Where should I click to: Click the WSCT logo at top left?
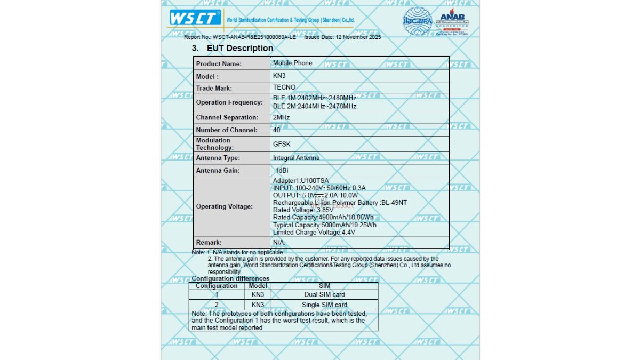tap(195, 18)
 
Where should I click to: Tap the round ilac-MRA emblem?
tap(417, 21)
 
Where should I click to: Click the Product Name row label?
tap(219, 64)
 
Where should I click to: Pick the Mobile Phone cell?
tap(293, 63)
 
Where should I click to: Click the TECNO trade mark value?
tap(284, 87)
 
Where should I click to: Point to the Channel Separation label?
tap(227, 117)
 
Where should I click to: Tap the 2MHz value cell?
tap(281, 117)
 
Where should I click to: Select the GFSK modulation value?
tap(282, 144)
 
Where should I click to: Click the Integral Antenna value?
tap(297, 158)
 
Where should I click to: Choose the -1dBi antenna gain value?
tap(281, 171)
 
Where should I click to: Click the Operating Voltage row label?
tap(225, 206)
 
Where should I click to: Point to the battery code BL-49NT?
tap(394, 203)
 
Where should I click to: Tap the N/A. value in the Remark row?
tap(279, 243)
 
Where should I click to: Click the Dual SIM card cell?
tap(324, 294)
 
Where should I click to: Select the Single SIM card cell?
tap(324, 305)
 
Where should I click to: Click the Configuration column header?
tap(217, 286)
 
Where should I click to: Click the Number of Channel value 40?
tap(276, 130)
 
